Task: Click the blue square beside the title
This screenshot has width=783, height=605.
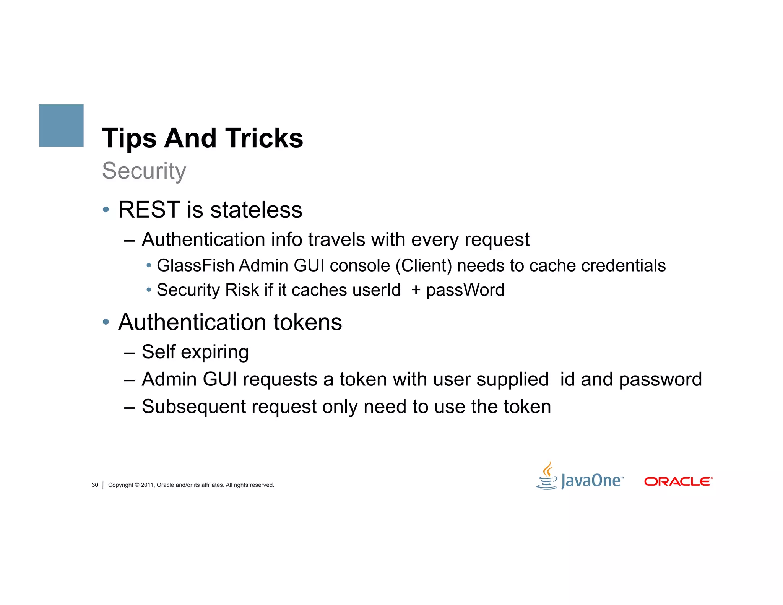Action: [61, 125]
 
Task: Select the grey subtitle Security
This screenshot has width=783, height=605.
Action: [144, 171]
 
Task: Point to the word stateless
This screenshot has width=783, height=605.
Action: [256, 210]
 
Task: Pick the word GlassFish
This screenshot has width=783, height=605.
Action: [195, 265]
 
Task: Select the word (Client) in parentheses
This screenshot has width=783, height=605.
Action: [424, 265]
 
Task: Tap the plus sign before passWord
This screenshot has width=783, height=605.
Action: [416, 290]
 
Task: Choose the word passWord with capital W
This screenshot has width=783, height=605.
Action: [465, 290]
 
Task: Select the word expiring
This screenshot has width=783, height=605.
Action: [214, 352]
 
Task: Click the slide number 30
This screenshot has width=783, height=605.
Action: [95, 485]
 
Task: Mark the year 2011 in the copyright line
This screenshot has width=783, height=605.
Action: [147, 485]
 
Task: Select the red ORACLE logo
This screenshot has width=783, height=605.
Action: [678, 481]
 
